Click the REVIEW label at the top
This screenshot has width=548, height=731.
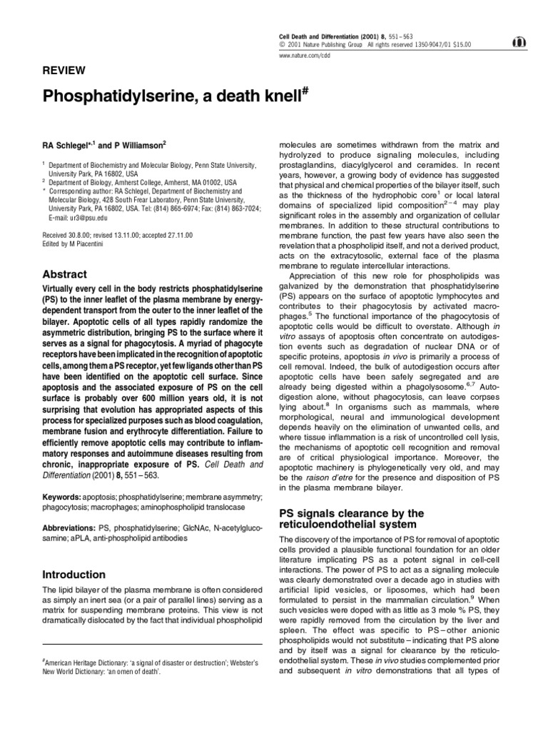[64, 70]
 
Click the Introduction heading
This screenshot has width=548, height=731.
[74, 575]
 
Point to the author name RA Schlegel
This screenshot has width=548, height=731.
[71, 144]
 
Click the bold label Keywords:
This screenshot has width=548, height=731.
[60, 495]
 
